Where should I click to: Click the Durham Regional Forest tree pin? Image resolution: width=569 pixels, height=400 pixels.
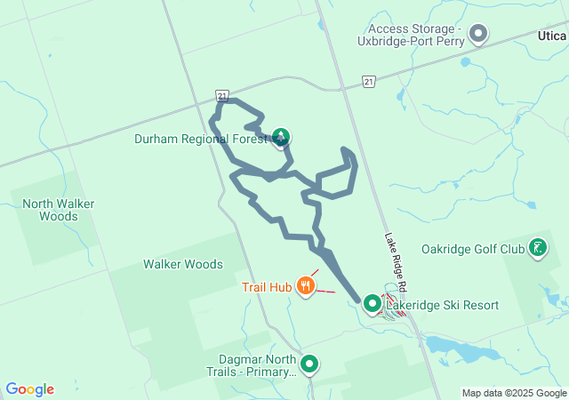[281, 136]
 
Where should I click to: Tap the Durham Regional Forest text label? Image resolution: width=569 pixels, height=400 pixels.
[201, 139]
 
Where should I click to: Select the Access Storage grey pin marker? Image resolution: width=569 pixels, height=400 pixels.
[479, 35]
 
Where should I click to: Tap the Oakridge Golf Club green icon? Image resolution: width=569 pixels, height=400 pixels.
[538, 248]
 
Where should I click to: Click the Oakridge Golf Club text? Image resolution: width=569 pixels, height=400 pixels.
[473, 249]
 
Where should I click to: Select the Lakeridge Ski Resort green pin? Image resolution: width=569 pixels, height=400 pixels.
[373, 304]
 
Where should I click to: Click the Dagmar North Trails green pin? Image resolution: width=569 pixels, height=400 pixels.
[309, 364]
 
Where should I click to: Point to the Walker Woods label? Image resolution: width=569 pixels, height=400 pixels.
[183, 264]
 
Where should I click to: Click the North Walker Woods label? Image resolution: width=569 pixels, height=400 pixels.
[59, 210]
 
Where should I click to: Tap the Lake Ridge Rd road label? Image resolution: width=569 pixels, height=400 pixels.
[396, 263]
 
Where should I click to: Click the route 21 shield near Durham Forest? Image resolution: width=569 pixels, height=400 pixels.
[222, 95]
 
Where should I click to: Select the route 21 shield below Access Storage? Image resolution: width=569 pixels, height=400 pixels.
[368, 81]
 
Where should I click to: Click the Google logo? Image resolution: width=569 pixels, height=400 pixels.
[30, 389]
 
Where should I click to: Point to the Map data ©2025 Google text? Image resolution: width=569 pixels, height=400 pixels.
[513, 393]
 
